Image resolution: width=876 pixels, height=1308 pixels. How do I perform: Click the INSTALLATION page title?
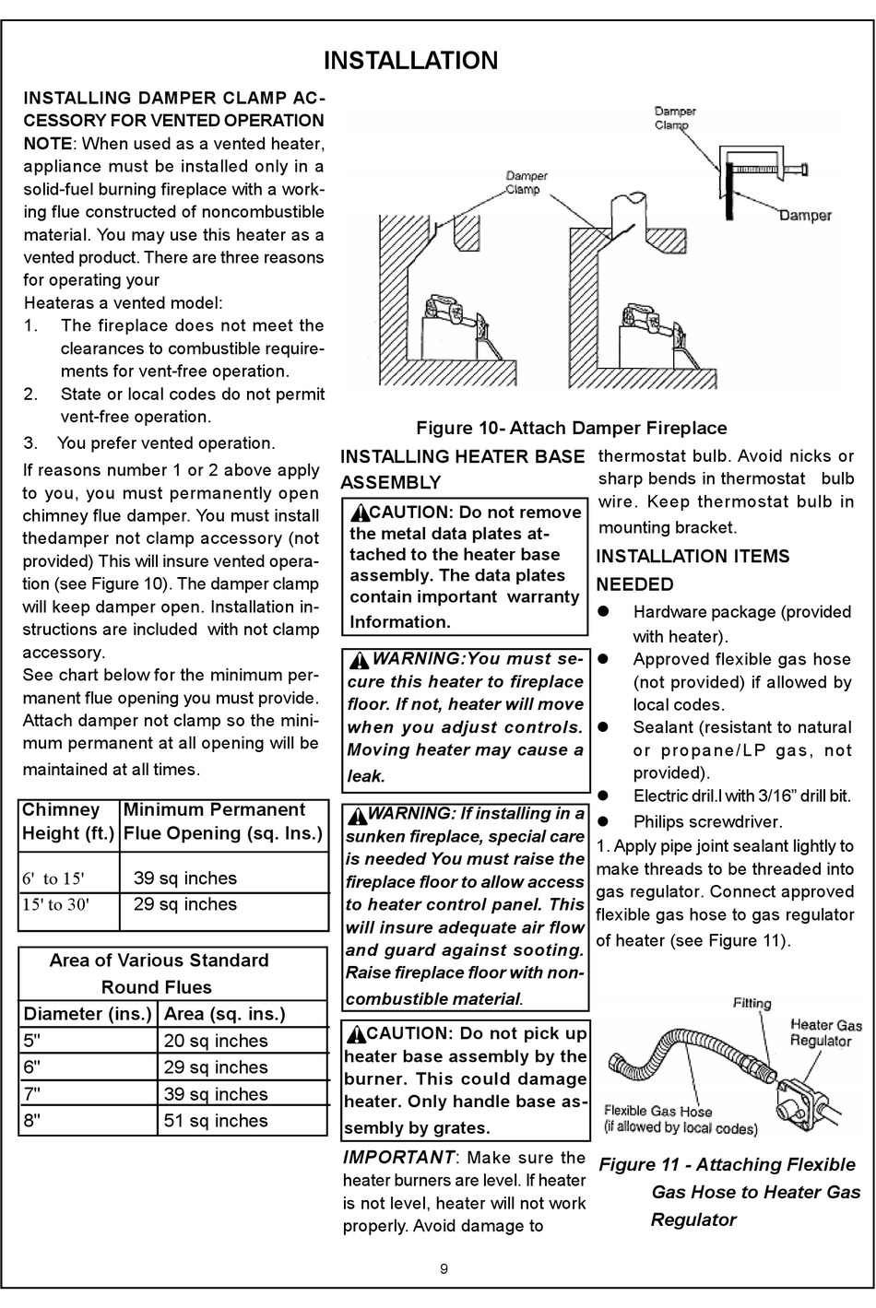(x=411, y=61)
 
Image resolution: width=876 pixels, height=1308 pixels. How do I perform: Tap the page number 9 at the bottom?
(x=444, y=1268)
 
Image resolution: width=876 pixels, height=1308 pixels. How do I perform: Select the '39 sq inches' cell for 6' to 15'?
(x=185, y=878)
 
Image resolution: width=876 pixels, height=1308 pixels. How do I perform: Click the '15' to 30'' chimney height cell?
(x=56, y=904)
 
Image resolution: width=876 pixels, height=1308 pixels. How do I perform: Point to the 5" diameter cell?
(x=32, y=1041)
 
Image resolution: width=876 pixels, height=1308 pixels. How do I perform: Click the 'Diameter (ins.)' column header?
(x=88, y=1014)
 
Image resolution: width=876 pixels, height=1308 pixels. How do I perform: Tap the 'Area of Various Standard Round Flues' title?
(x=158, y=973)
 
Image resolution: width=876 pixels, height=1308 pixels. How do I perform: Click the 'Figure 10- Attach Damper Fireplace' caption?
(x=572, y=428)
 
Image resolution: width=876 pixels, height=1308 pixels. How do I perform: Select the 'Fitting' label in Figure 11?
(x=752, y=1003)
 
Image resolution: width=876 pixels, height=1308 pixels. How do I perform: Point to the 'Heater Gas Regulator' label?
(x=825, y=1032)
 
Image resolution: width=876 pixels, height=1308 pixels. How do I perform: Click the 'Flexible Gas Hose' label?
(x=658, y=1111)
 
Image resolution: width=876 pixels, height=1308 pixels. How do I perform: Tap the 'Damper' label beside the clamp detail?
(x=805, y=216)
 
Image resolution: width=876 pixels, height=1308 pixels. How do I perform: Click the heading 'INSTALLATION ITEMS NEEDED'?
(x=693, y=570)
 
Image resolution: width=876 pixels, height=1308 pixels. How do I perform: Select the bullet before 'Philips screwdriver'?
(x=607, y=820)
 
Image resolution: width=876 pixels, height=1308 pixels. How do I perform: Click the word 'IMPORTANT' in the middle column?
(x=398, y=1158)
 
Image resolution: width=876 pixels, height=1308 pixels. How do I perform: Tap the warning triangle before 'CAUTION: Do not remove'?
(x=359, y=513)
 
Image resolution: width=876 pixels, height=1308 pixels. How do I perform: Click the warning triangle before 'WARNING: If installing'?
(x=357, y=815)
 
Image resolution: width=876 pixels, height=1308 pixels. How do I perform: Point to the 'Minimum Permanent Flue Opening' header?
(x=223, y=821)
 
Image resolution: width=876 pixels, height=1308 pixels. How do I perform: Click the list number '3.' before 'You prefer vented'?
(x=31, y=443)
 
